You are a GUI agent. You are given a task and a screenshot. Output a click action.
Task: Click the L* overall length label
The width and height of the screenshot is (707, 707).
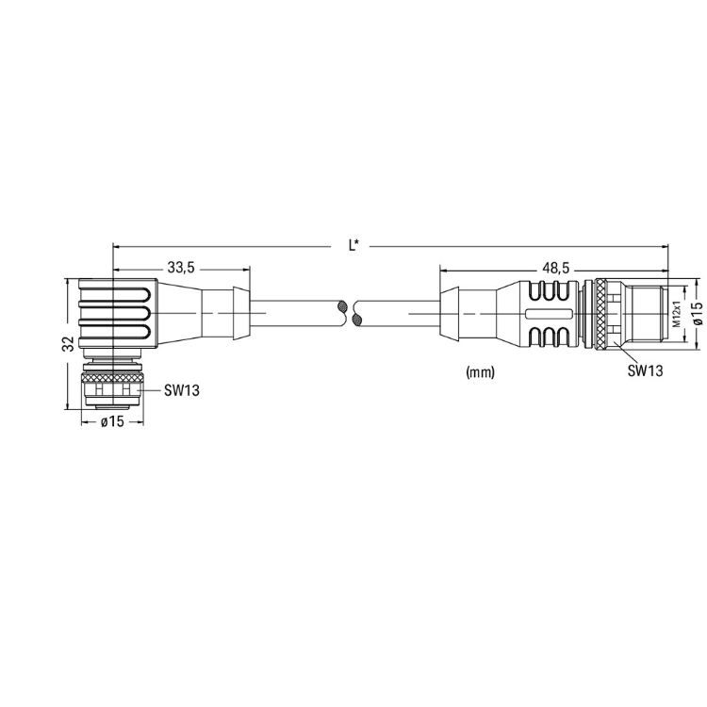(353, 245)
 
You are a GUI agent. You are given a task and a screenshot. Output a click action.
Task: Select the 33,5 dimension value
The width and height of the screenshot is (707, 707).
(181, 268)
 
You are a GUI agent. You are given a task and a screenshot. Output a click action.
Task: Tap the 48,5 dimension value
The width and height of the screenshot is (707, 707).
(556, 269)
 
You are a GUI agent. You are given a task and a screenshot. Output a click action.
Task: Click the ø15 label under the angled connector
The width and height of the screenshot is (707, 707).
(112, 421)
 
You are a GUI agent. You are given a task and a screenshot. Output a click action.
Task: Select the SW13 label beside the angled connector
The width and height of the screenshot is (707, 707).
(181, 390)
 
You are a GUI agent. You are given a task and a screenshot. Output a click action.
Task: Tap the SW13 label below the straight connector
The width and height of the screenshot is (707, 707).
(645, 370)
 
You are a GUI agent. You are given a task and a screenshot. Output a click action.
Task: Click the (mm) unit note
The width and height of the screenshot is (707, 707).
(480, 372)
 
